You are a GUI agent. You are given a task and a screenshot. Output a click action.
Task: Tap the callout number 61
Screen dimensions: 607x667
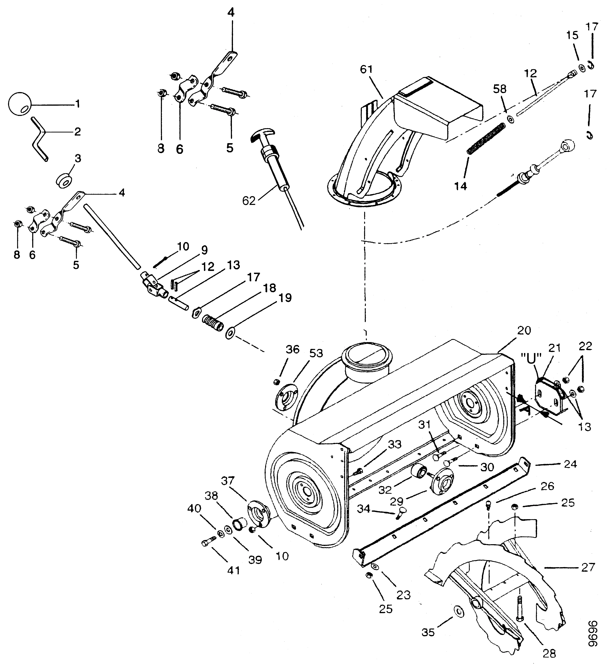[366, 70]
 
